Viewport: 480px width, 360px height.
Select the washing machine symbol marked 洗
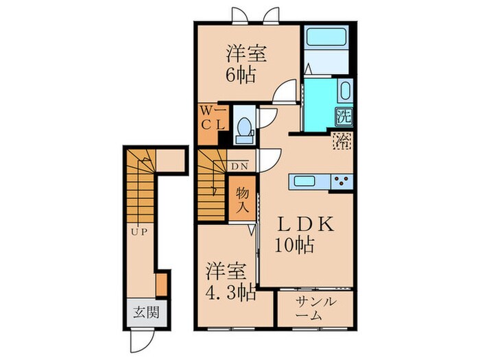343,116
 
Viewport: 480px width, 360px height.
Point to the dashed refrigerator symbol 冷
341,141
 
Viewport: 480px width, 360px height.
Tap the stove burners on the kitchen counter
340,182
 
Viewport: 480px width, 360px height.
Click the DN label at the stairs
239,166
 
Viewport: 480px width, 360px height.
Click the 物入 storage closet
241,197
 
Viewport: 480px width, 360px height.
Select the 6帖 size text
241,74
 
